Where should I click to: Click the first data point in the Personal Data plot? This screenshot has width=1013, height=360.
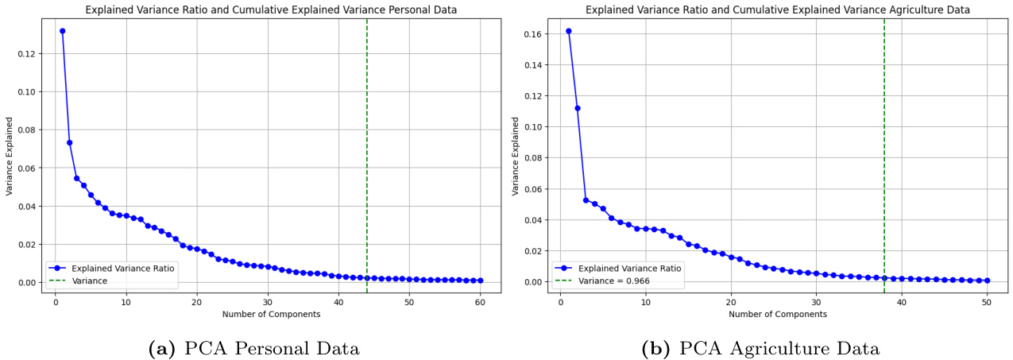click(62, 31)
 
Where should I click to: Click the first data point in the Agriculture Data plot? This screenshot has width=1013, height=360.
click(568, 31)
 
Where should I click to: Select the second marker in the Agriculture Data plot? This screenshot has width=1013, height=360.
click(577, 108)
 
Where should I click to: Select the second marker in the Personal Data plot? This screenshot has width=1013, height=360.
click(69, 143)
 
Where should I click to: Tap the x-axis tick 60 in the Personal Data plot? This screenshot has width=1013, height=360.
click(480, 303)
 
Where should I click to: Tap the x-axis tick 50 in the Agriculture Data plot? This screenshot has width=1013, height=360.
click(987, 303)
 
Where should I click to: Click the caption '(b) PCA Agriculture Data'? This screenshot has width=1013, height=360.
click(761, 347)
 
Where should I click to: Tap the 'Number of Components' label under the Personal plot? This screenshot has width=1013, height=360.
click(271, 315)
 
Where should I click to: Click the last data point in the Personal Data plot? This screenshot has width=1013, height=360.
click(480, 281)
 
